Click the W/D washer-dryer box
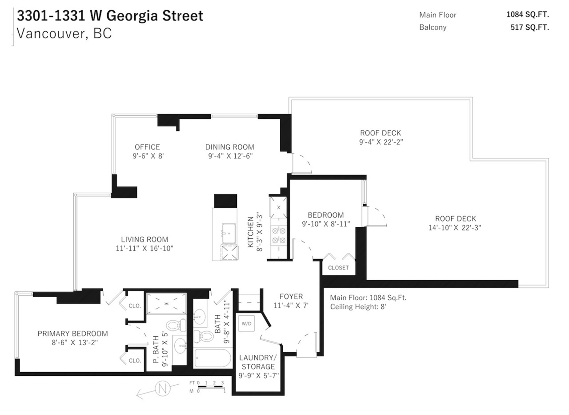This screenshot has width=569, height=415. (x=246, y=323)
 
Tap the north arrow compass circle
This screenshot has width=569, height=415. (x=163, y=388)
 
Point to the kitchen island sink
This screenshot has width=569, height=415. (x=229, y=234)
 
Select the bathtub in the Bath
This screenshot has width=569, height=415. (x=213, y=358)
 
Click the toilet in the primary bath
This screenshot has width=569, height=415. (x=176, y=325)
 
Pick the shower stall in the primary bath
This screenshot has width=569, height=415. (x=166, y=304)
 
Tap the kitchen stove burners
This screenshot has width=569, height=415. (x=279, y=235)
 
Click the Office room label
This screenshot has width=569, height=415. (x=147, y=147)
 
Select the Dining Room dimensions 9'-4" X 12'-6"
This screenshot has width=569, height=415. (x=230, y=156)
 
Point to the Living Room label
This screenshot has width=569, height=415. (x=144, y=240)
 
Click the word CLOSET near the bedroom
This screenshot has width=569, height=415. (x=338, y=268)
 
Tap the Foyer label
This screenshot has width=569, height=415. (x=291, y=296)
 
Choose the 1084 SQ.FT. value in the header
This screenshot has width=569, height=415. (x=528, y=14)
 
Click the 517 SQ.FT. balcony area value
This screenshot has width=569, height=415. (x=530, y=28)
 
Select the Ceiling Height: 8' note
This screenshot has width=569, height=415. (x=358, y=307)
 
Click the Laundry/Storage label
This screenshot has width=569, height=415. (x=258, y=362)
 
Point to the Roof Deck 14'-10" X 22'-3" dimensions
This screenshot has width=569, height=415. (x=455, y=228)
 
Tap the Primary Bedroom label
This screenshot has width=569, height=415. (x=73, y=334)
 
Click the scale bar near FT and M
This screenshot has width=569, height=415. (x=211, y=387)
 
